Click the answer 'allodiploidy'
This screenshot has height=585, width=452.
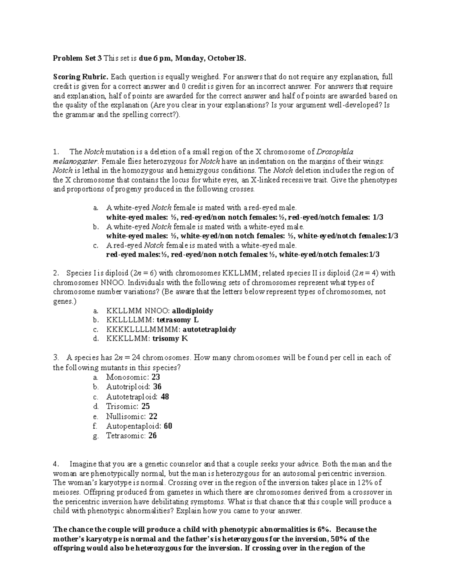(x=192, y=311)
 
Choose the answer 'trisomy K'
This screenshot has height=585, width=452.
(x=170, y=338)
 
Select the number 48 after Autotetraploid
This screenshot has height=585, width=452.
(x=165, y=397)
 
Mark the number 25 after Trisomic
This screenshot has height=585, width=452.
(x=145, y=406)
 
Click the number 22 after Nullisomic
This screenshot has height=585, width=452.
(x=153, y=416)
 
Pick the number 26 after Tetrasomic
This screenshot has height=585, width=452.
(x=153, y=436)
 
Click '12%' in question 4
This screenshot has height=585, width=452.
(x=368, y=483)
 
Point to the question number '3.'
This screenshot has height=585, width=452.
(x=56, y=357)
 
